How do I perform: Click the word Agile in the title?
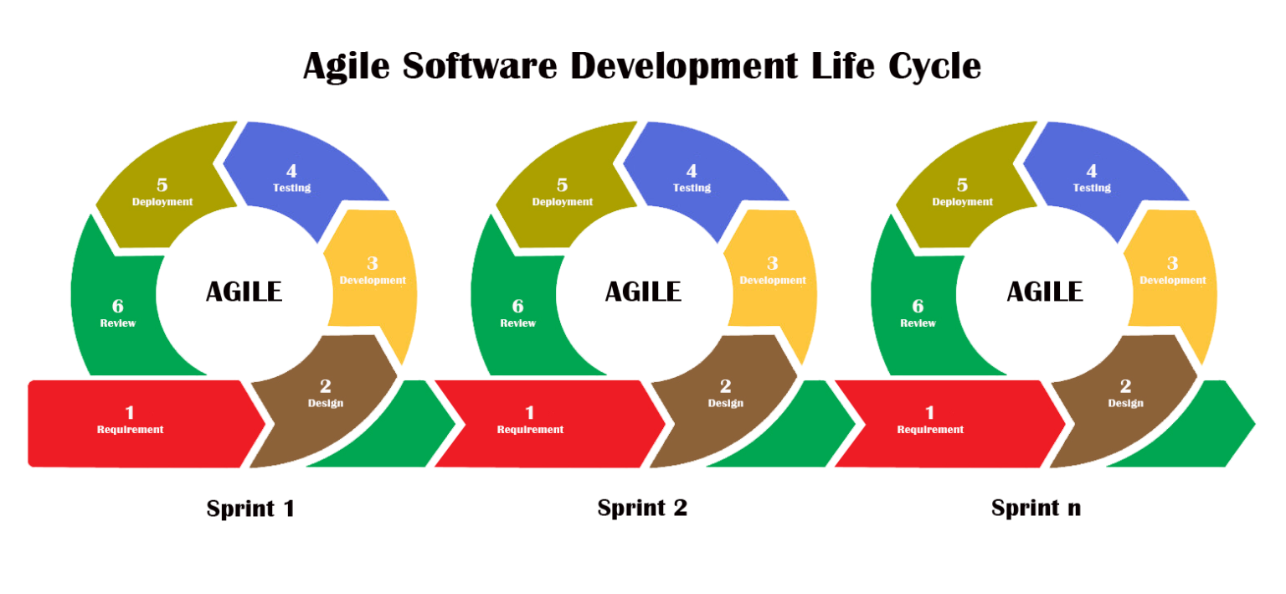[x=346, y=67]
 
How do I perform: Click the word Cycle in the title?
[x=934, y=67]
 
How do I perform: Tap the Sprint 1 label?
[x=250, y=509]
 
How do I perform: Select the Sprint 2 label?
[x=642, y=509]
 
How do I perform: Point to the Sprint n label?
[x=1036, y=509]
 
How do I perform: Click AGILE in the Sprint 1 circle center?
[x=244, y=292]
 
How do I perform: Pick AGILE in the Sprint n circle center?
[x=1045, y=292]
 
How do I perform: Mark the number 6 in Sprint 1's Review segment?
[x=118, y=306]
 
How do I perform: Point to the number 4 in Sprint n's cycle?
[x=1092, y=171]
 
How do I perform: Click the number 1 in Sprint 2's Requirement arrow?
[x=530, y=412]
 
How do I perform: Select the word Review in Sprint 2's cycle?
[x=518, y=323]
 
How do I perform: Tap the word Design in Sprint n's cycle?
[x=1126, y=403]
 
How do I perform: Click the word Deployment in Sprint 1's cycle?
[x=162, y=202]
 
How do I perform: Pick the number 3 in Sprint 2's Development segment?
[x=773, y=264]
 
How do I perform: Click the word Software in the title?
[x=480, y=67]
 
